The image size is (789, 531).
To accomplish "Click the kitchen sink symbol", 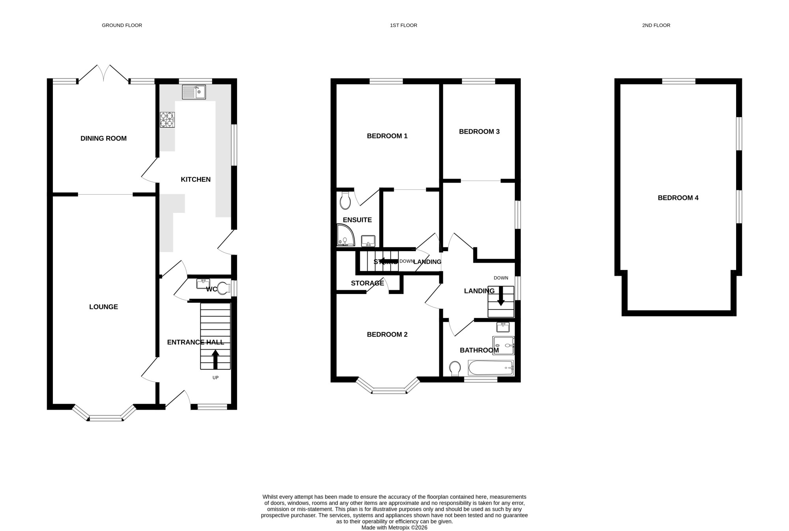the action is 194,92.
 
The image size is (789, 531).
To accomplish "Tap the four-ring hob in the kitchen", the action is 167,120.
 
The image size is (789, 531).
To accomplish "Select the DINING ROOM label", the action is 103,138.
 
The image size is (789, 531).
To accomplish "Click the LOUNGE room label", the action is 103,307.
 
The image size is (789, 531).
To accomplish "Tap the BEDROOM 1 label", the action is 387,136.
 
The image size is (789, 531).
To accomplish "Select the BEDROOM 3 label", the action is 479,132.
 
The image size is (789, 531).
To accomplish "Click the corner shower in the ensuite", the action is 346,235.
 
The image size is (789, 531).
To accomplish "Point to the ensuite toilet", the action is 345,201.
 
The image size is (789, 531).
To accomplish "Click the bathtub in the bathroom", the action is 491,368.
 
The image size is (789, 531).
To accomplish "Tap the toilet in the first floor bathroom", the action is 455,369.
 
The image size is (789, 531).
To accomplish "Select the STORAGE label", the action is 367,283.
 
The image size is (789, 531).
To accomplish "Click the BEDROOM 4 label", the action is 678,198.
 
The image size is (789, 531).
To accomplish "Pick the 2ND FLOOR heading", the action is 656,25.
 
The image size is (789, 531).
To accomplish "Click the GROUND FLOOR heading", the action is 122,25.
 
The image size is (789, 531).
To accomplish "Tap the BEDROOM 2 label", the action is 387,335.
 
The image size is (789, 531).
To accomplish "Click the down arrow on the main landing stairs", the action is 501,296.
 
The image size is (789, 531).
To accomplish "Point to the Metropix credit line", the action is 394,527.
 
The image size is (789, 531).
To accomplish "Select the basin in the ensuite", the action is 368,240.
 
